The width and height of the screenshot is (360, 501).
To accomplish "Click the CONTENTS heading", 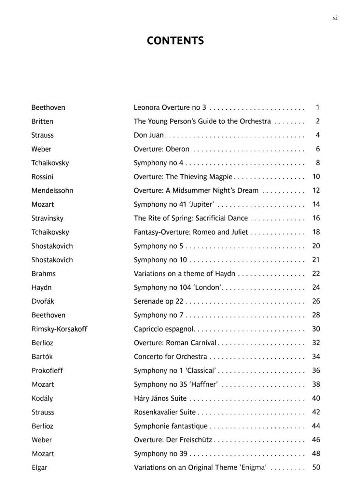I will point(175,41).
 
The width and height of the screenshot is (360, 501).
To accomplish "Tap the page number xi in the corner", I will point(335,18).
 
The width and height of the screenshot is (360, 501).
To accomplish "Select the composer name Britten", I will point(42,122).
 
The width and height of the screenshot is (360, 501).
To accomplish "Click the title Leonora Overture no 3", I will point(170,108).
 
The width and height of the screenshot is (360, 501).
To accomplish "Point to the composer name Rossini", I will point(42,177).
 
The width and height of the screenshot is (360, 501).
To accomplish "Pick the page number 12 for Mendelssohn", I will point(316,190).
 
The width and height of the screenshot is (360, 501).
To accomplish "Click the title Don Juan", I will point(149,135).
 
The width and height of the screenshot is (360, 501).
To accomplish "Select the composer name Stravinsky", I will point(47,218).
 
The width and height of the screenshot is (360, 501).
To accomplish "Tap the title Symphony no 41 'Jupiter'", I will point(174,204).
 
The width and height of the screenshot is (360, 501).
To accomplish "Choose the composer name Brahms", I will point(43,274).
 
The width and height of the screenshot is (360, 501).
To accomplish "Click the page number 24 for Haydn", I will point(316,287).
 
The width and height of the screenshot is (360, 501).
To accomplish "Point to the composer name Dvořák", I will point(43,301).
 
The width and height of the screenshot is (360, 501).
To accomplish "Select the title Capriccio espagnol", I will point(164,329).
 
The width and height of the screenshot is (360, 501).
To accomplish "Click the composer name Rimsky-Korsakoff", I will point(59,329).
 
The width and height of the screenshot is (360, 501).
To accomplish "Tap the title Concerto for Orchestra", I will point(170,357).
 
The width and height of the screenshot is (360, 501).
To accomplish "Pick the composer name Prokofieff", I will point(47,371).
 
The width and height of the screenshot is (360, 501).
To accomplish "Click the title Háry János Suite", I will point(160,398).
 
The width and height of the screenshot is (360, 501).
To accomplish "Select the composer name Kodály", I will point(42,398).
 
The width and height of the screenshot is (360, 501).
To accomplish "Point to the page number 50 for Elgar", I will point(316,467).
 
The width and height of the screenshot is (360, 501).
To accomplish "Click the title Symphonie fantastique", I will point(171,426).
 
